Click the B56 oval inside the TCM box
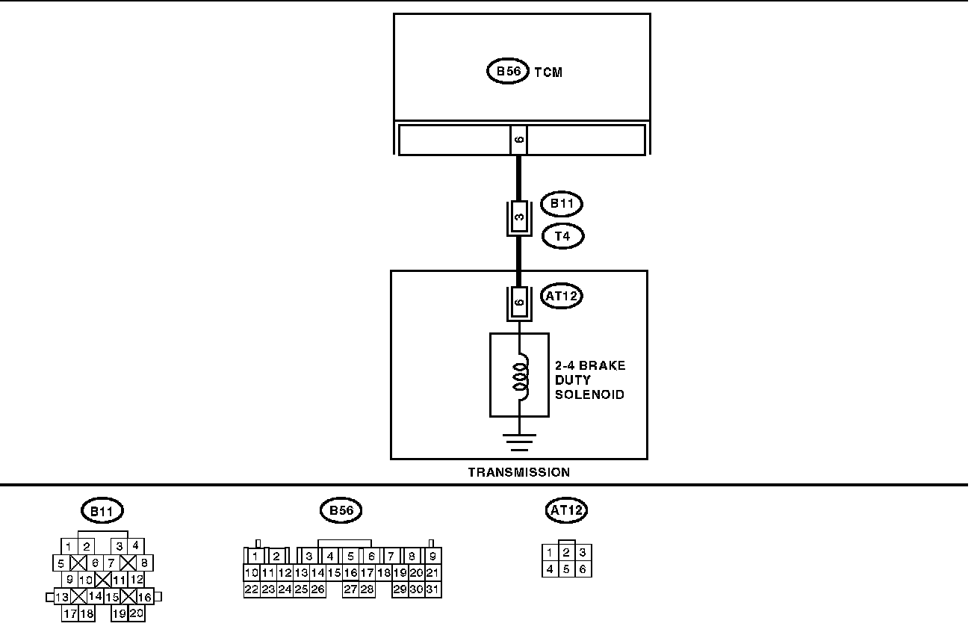pyautogui.click(x=507, y=72)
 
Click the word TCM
pyautogui.click(x=548, y=72)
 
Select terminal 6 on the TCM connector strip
pyautogui.click(x=519, y=140)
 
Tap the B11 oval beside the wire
pyautogui.click(x=561, y=204)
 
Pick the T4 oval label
pyautogui.click(x=562, y=237)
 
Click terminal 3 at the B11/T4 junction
pyautogui.click(x=519, y=218)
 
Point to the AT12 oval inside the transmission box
pyautogui.click(x=561, y=296)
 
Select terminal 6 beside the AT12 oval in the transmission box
pyautogui.click(x=519, y=303)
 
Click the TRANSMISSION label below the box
pyautogui.click(x=518, y=472)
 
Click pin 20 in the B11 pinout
pyautogui.click(x=137, y=614)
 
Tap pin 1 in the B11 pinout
pyautogui.click(x=69, y=546)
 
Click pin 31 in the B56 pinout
pyautogui.click(x=433, y=589)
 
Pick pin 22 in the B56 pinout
pyautogui.click(x=252, y=589)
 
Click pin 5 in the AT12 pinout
pyautogui.click(x=567, y=569)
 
